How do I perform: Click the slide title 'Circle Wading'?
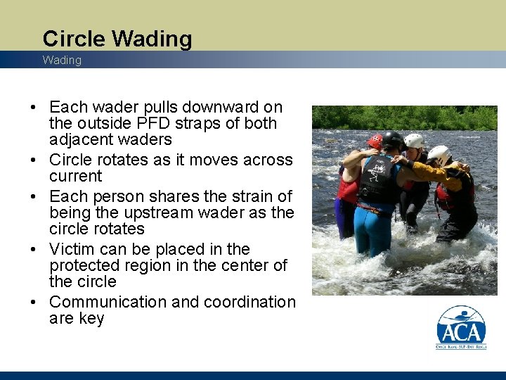117,39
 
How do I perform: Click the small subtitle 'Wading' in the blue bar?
62,61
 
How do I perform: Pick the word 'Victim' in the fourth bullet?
72,249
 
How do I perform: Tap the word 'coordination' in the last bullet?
249,302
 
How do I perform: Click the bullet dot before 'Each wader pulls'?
33,108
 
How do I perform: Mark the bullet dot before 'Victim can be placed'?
33,250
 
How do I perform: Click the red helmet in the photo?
375,141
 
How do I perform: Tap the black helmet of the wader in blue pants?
391,140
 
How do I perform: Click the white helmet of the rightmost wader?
439,153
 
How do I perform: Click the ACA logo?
461,328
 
